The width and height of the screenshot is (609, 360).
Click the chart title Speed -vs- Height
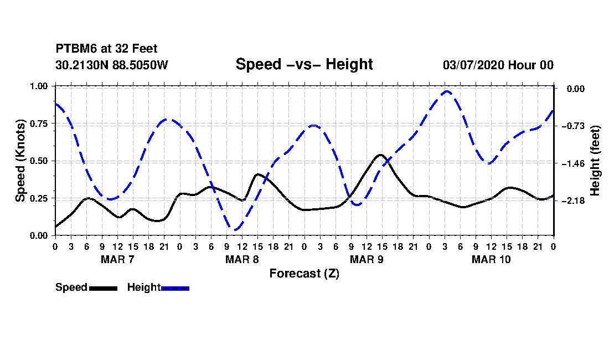coord(304,64)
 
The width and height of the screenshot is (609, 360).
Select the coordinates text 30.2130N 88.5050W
coord(111,65)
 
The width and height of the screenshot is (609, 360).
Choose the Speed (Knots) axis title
coord(20,161)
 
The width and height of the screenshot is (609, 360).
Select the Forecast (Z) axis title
coord(304,273)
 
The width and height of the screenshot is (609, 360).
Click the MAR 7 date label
coord(117,259)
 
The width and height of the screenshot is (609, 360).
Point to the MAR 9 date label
coord(367,259)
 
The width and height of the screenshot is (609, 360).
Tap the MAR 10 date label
coord(491,259)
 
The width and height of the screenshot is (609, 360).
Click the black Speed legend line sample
coord(103,288)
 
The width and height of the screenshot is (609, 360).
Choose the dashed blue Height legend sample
coord(175,288)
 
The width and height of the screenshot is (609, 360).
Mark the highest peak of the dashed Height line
coord(447,91)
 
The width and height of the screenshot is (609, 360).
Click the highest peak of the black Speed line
coord(380,155)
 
